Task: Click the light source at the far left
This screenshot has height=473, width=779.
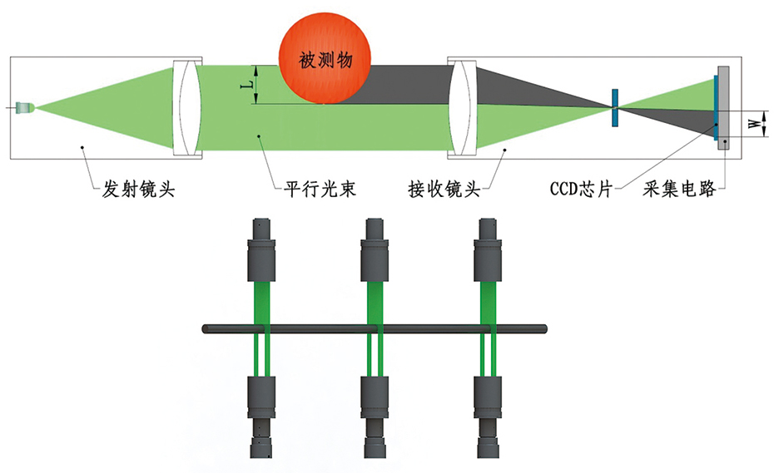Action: coord(26,107)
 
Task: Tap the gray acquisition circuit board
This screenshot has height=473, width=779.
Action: coord(724,108)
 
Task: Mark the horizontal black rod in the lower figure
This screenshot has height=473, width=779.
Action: coord(375,330)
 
